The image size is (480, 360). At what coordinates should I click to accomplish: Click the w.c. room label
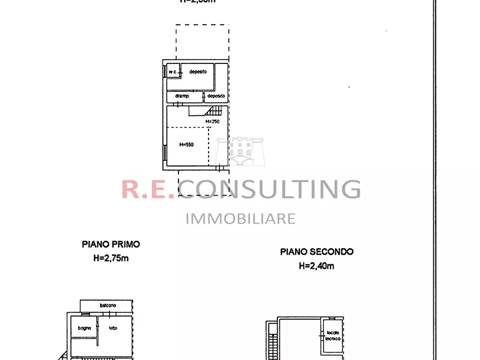click(x=173, y=71)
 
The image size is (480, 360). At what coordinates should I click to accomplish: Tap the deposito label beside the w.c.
click(x=198, y=71)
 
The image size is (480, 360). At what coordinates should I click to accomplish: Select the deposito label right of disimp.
click(x=216, y=96)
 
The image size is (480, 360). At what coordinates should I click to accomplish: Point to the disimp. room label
click(x=183, y=96)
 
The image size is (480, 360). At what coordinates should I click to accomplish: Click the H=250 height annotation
click(x=212, y=121)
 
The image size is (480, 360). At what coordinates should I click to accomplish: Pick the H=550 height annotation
click(x=186, y=145)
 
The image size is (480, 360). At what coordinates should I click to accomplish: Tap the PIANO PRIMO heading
click(x=111, y=244)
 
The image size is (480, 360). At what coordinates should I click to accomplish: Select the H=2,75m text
click(x=111, y=258)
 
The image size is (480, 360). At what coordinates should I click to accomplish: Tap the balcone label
click(x=108, y=305)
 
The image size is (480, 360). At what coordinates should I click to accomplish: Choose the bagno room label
click(x=84, y=328)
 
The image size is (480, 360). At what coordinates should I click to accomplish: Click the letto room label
click(x=112, y=328)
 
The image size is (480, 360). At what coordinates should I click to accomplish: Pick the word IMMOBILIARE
click(x=240, y=218)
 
